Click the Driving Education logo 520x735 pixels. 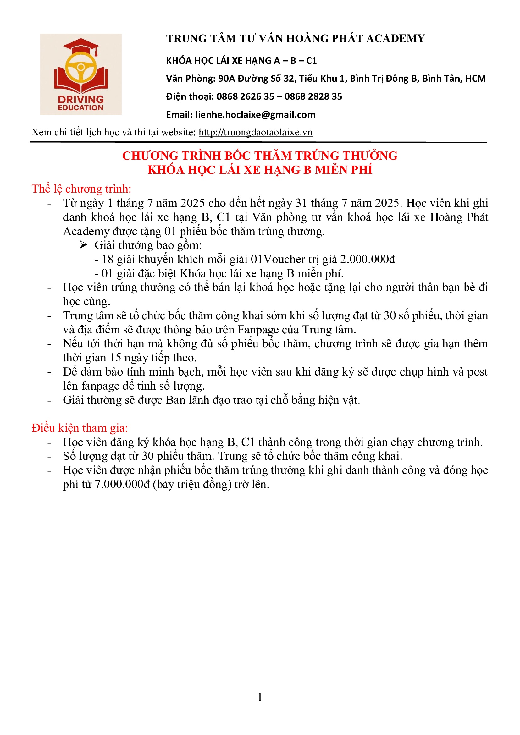click(x=81, y=74)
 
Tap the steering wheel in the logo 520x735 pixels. click(x=81, y=68)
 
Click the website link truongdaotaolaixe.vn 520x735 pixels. click(x=255, y=132)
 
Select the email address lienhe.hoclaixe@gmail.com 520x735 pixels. click(x=255, y=115)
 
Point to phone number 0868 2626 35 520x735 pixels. click(x=245, y=96)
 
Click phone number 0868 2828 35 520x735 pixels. click(x=313, y=96)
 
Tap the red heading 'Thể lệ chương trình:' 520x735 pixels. click(x=81, y=189)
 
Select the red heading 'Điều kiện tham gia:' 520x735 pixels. click(x=80, y=428)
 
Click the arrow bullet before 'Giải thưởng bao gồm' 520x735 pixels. click(x=84, y=245)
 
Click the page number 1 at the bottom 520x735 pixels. click(x=260, y=697)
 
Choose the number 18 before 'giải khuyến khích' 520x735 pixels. click(x=108, y=259)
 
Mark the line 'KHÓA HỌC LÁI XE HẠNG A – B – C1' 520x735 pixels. click(x=241, y=61)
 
